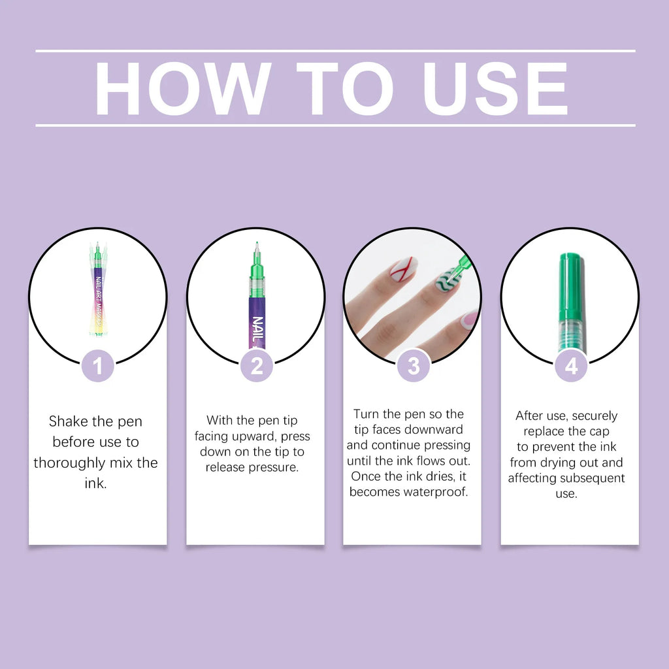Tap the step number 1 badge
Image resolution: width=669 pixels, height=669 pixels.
click(x=98, y=367)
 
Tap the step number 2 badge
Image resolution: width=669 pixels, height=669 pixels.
click(x=256, y=367)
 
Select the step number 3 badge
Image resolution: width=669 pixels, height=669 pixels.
click(x=414, y=367)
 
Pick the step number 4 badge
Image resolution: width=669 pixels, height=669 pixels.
click(x=571, y=367)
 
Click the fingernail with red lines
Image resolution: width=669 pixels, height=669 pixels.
click(x=403, y=269)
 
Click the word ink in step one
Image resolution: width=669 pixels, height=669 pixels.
click(x=96, y=484)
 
